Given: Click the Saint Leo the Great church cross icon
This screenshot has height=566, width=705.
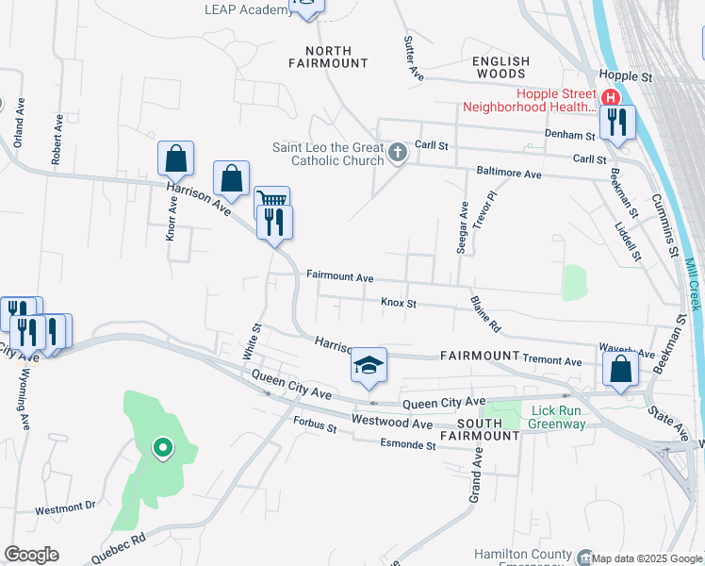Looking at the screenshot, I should pyautogui.click(x=398, y=152).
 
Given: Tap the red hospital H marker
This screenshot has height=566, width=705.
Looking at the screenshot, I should pyautogui.click(x=611, y=97).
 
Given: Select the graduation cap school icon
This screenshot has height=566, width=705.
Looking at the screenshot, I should pyautogui.click(x=369, y=365).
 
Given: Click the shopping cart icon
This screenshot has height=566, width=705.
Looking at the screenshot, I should pyautogui.click(x=271, y=200).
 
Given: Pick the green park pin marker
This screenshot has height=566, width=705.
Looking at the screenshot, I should pyautogui.click(x=162, y=448).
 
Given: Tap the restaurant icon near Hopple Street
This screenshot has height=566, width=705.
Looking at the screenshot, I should pyautogui.click(x=617, y=121).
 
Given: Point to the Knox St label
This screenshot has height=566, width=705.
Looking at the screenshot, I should pyautogui.click(x=398, y=304).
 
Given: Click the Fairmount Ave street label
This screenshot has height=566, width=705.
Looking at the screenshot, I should pyautogui.click(x=340, y=278).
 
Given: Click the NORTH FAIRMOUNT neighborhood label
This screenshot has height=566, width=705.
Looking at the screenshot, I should pyautogui.click(x=329, y=57).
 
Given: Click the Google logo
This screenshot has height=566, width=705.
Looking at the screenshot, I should pyautogui.click(x=31, y=555).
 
